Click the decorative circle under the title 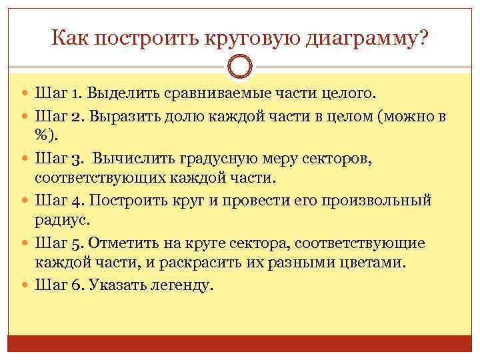tap(240, 67)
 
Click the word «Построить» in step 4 tap(126, 201)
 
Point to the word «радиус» tap(64, 219)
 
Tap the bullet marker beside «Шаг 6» tap(25, 285)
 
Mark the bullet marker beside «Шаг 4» tap(25, 201)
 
